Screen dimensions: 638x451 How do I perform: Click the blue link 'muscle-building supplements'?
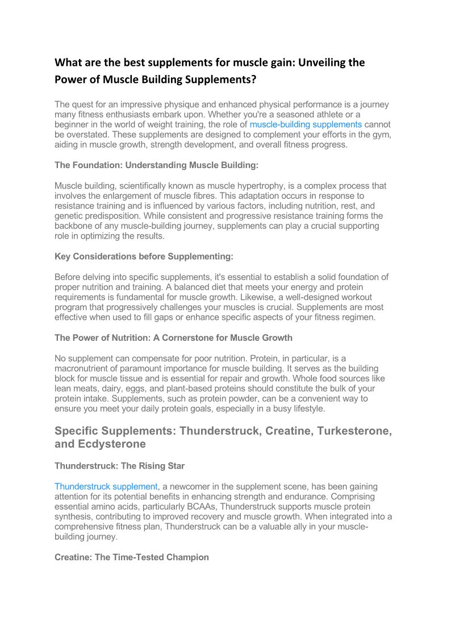pyautogui.click(x=306, y=124)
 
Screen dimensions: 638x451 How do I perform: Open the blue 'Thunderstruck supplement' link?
pyautogui.click(x=106, y=487)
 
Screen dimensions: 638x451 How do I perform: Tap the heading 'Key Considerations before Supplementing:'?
pyautogui.click(x=144, y=257)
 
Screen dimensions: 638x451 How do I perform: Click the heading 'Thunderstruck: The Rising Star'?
pyautogui.click(x=119, y=466)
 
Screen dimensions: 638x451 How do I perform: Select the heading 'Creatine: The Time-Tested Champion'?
pyautogui.click(x=131, y=557)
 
